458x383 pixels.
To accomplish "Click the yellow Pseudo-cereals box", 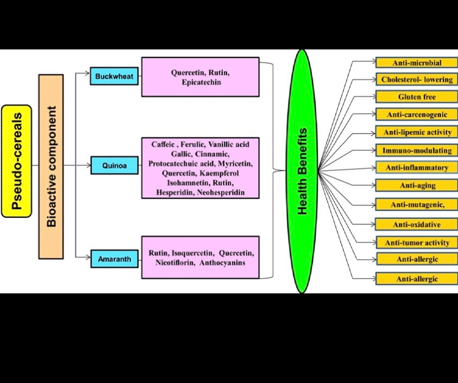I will (17, 161).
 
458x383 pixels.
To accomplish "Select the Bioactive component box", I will (51, 166).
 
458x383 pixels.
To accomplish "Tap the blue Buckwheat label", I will (114, 77).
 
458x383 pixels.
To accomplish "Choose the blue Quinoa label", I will (114, 165).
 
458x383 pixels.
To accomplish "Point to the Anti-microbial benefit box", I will (417, 63).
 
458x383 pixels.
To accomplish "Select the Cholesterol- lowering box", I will (417, 79).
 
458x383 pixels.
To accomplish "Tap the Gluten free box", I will (417, 97).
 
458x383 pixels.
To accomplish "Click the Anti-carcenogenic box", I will (417, 114).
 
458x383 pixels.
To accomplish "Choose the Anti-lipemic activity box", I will (417, 132).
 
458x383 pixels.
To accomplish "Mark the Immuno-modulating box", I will (417, 149).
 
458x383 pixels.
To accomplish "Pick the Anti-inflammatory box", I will (417, 167).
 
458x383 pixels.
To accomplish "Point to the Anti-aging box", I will (417, 185).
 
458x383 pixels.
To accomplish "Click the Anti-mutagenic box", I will (417, 204).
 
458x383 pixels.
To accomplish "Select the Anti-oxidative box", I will (417, 224).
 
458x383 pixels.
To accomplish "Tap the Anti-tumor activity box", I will (417, 242).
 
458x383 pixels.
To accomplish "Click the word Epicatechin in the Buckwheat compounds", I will (200, 82).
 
